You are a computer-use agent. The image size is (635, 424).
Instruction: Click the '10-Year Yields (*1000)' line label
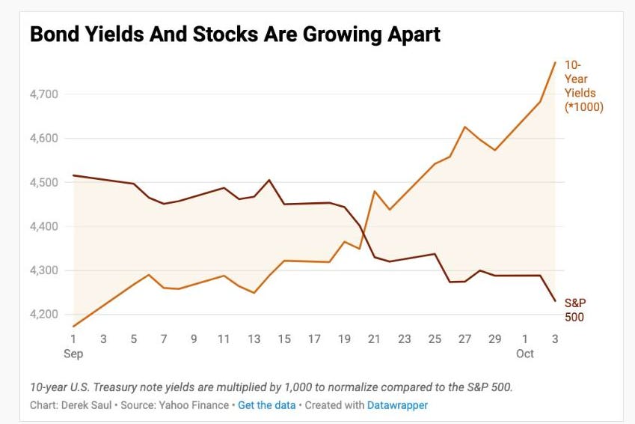coord(583,87)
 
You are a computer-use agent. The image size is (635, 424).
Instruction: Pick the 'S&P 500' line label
coord(575,310)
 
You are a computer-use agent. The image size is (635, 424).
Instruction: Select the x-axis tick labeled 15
coord(284,339)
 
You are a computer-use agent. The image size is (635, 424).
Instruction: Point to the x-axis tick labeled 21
coord(375,339)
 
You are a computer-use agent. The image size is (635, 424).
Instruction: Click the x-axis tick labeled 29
coord(495,339)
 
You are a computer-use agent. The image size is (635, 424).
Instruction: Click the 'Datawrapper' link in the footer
coord(397,405)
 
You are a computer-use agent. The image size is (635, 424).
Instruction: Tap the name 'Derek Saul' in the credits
coord(86,405)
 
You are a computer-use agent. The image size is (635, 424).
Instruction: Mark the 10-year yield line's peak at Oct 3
coord(555,62)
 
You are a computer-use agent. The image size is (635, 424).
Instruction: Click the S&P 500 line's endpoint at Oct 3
coord(555,301)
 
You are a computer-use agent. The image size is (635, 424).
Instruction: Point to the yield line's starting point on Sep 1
coord(73,326)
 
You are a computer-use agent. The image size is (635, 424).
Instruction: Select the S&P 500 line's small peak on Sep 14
coord(269,180)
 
